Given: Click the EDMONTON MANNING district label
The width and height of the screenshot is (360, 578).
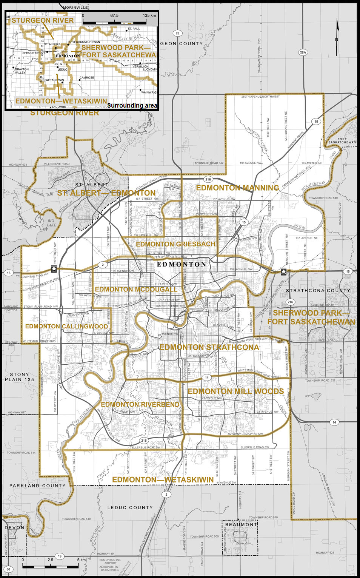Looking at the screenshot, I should [x=237, y=188].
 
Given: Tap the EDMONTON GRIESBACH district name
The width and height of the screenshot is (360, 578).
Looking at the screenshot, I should [x=175, y=244].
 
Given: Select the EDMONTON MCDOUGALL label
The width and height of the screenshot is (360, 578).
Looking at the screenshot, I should [x=136, y=290].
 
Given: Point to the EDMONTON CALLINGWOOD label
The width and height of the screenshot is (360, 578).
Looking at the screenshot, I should [x=66, y=326].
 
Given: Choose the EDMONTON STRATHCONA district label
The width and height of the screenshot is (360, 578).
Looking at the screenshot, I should [x=209, y=347].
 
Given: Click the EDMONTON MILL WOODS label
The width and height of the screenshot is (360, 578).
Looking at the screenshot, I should [x=235, y=391].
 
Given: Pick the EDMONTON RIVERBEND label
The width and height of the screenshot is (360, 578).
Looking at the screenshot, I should [x=140, y=405].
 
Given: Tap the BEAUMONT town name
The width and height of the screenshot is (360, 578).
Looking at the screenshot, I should [x=241, y=525].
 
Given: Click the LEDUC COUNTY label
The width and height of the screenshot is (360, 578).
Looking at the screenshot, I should [x=130, y=508].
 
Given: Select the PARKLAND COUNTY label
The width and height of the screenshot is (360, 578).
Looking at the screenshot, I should [x=37, y=486].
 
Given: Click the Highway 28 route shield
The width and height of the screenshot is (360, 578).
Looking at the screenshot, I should [x=177, y=33].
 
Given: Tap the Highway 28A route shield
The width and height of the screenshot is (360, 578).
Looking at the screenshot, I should [x=303, y=52].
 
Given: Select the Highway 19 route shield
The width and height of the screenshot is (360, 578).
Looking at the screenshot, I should [x=60, y=556].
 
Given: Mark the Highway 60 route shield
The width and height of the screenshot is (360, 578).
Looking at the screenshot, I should [x=8, y=569].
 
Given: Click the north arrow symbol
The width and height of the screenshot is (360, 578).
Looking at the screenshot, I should [x=337, y=32].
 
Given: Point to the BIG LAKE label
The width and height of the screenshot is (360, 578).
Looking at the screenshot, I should [x=51, y=223].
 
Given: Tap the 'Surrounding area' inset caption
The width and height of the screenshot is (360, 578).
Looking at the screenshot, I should [x=132, y=106].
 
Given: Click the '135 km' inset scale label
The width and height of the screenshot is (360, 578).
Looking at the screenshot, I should [x=149, y=16].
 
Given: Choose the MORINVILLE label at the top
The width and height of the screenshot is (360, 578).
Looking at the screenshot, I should [x=75, y=8].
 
